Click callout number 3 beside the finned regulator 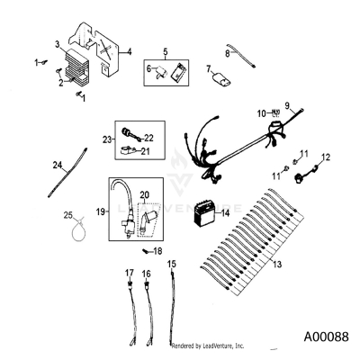pos(58,44)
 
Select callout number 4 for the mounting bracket pos(129,51)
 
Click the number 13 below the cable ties pos(277,265)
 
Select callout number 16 pos(146,272)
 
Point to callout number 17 pos(129,272)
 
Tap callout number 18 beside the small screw pos(158,251)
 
